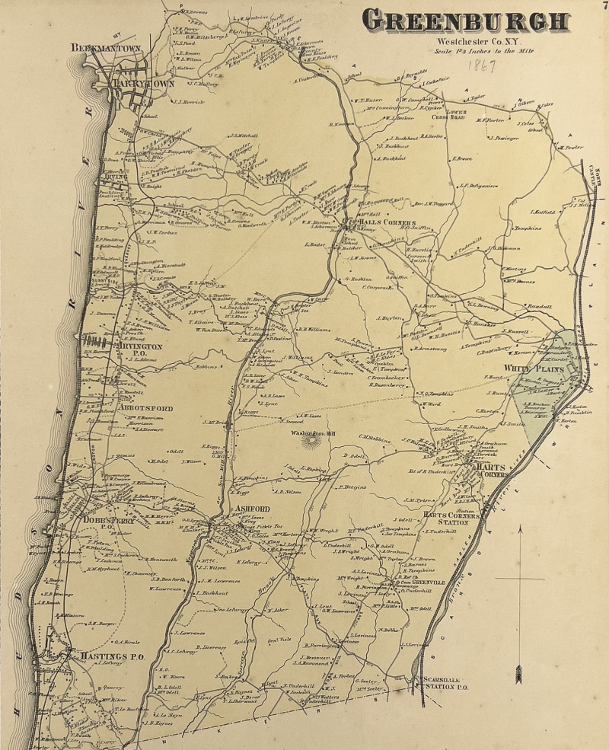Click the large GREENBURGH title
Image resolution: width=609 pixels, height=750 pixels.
click(465, 21)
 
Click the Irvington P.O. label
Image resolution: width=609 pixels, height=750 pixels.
click(139, 350)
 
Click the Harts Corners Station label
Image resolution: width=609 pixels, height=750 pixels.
click(451, 519)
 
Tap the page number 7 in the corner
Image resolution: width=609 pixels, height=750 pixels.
click(603, 7)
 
